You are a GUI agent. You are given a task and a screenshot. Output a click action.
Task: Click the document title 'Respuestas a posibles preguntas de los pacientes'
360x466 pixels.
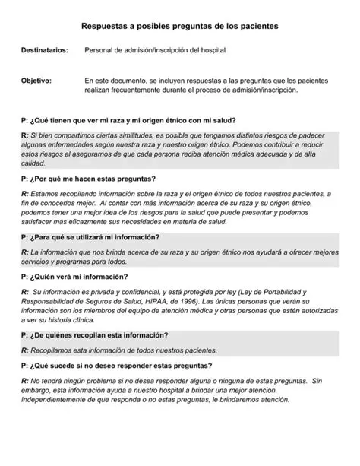tap(179, 26)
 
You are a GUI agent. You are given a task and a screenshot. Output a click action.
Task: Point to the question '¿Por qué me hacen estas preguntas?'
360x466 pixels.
tap(88, 179)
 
